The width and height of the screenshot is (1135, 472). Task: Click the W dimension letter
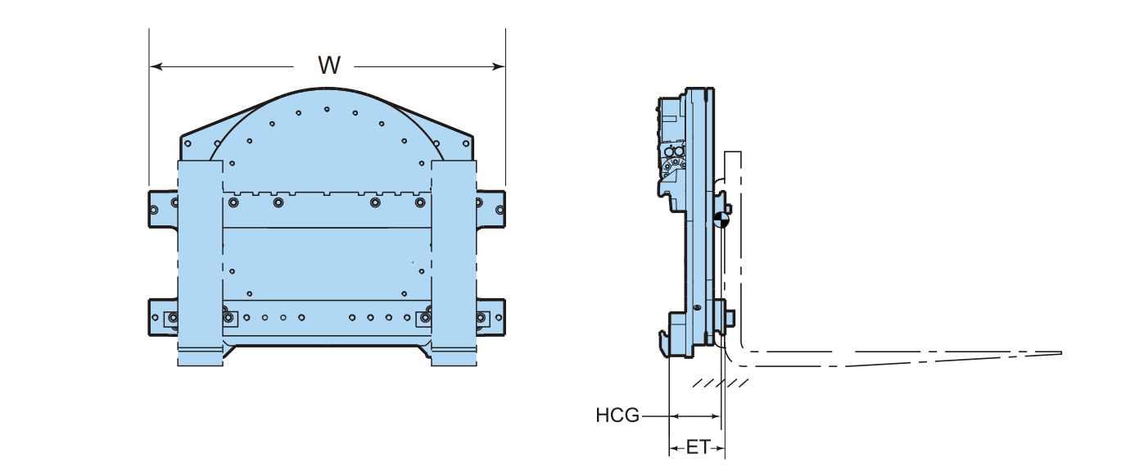pos(329,66)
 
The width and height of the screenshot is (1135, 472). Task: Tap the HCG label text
pos(617,415)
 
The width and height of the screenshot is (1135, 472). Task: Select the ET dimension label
pos(699,447)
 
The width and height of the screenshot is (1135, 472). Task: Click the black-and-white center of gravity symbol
pos(721,220)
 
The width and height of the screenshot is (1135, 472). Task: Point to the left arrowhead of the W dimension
pos(156,66)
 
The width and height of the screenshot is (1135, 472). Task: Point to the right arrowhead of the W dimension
pos(499,66)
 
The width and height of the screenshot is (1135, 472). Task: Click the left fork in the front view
pos(200,262)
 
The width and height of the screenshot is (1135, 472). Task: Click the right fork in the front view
pos(454,262)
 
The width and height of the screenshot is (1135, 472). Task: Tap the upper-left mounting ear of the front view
pos(163,209)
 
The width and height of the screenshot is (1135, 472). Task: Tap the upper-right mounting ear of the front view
pos(491,209)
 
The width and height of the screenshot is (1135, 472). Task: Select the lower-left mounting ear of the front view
pos(163,317)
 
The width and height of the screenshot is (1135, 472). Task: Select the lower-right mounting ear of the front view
pos(491,317)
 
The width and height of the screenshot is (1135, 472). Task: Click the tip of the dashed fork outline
pos(1061,353)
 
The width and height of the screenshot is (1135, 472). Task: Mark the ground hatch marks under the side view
pos(721,383)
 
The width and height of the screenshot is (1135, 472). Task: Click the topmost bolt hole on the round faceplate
pos(327,109)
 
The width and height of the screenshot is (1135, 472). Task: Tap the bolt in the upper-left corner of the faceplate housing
pos(188,143)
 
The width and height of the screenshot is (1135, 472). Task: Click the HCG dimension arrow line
pos(694,417)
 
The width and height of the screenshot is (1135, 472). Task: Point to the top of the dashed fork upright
pos(733,152)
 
